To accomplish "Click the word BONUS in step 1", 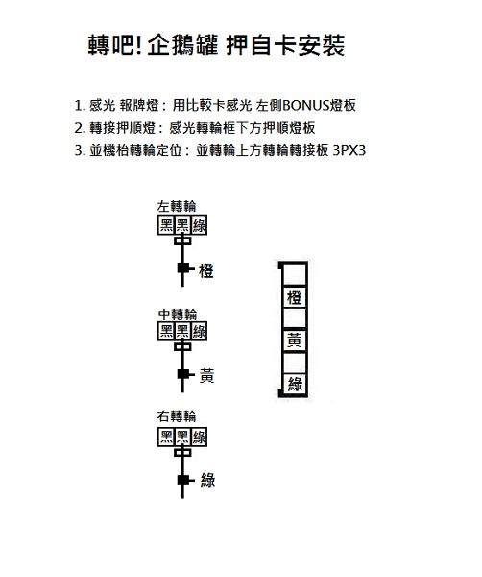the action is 306,106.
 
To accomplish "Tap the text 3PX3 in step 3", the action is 349,150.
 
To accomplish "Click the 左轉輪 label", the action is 177,206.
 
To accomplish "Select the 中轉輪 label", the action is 178,314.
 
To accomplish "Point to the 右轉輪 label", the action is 177,416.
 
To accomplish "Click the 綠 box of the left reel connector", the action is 199,225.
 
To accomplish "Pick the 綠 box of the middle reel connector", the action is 199,331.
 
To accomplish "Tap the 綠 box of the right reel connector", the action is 199,438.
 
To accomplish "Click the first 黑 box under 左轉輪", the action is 166,225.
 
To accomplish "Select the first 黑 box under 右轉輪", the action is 166,438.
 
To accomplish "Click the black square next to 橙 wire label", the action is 183,268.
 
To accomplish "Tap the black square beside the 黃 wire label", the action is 183,374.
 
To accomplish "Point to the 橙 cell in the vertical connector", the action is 295,297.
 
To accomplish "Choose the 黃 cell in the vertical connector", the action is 295,340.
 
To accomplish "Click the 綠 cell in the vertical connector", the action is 295,384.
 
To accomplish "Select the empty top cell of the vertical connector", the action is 295,274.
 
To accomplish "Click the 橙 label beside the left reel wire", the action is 206,271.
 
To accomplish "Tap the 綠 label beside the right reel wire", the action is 207,480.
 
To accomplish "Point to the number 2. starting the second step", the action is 80,128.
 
